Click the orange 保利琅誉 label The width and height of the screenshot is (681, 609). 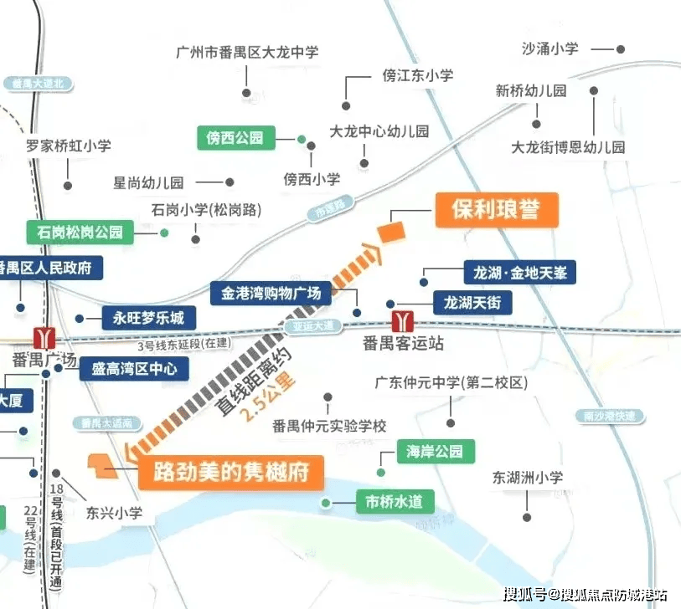tap(495, 210)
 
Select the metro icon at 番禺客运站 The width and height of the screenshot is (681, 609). tap(404, 320)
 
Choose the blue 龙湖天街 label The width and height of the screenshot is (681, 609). tap(472, 303)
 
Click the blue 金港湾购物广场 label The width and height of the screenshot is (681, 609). tap(271, 294)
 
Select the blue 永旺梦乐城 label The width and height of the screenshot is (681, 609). tap(149, 318)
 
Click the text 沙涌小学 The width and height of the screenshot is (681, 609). tap(550, 49)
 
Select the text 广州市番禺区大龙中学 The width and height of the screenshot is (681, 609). tap(247, 52)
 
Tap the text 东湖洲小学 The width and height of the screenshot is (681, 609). tap(528, 478)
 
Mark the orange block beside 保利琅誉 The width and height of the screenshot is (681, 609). tap(391, 230)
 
